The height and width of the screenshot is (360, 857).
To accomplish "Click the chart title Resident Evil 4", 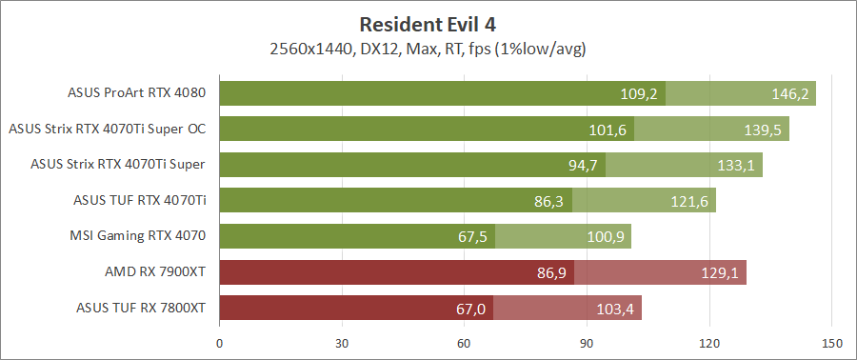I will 428,23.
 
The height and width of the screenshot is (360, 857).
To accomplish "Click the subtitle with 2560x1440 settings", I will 428,48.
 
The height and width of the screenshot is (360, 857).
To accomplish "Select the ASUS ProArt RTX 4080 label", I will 137,93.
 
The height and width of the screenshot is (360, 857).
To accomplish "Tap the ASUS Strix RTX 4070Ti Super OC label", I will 107,129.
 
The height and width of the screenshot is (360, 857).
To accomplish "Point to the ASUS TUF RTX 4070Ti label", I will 140,200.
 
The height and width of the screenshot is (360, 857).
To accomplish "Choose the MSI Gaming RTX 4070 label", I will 138,235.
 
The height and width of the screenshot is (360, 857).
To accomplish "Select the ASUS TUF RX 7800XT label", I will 141,307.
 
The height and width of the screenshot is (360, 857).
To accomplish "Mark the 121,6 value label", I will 689,201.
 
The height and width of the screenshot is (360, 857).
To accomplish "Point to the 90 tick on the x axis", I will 587,343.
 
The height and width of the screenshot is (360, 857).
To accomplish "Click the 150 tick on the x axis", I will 831,343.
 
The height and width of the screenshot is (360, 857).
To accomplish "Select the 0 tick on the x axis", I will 220,343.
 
